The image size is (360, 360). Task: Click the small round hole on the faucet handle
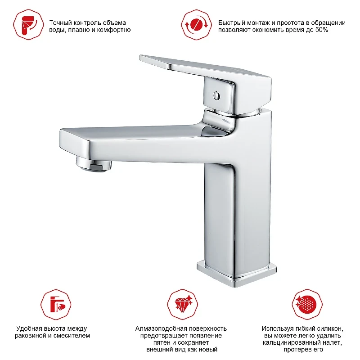pyautogui.click(x=216, y=95)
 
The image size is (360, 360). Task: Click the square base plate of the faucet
pyautogui.click(x=237, y=273)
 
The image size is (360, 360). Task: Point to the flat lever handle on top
pyautogui.click(x=206, y=69)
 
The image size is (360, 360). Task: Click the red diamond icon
pyautogui.click(x=183, y=305)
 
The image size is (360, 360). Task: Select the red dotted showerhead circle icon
pyautogui.click(x=307, y=305)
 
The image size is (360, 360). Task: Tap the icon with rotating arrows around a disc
pyautogui.click(x=196, y=25)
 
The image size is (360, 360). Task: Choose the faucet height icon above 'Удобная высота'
pyautogui.click(x=56, y=305)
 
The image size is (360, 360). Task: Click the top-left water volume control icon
pyautogui.click(x=28, y=25)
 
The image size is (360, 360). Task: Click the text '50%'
pyautogui.click(x=322, y=30)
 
